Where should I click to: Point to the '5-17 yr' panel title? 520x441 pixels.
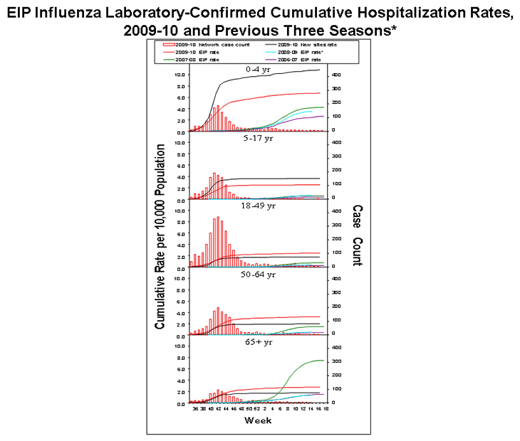point(255,138)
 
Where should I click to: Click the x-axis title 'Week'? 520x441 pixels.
point(256,420)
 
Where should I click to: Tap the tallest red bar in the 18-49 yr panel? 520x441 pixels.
point(218,242)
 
